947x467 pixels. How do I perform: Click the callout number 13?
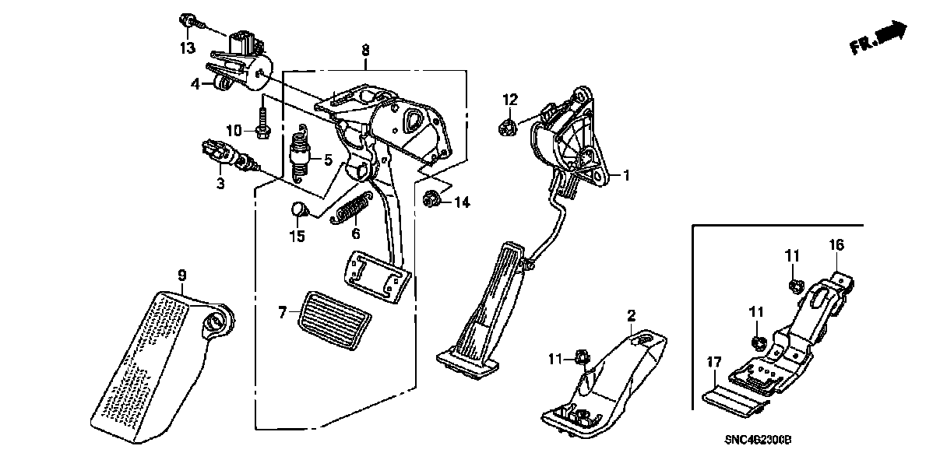click(x=186, y=49)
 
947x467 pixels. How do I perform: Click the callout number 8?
click(x=365, y=50)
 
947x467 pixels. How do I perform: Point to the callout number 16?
click(x=836, y=246)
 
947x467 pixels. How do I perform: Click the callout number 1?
click(x=625, y=176)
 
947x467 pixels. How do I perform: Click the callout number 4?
click(x=195, y=83)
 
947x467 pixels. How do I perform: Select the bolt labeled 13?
click(x=188, y=19)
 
